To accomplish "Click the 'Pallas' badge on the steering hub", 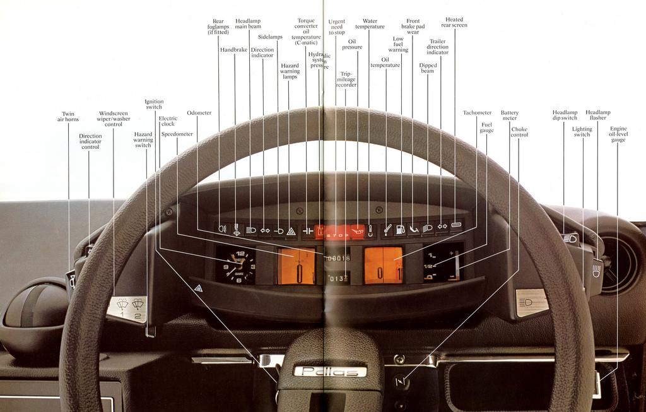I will [x=330, y=371].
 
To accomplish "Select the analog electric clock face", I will [x=237, y=265].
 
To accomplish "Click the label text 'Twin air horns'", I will [x=68, y=117].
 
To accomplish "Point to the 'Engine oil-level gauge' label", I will [x=618, y=134].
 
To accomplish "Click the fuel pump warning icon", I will [x=400, y=230].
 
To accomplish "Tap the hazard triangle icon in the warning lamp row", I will [x=291, y=231].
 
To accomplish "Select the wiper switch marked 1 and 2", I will [x=128, y=309].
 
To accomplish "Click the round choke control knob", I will [x=400, y=380].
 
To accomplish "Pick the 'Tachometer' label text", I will [x=477, y=113].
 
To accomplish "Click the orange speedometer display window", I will [x=297, y=266].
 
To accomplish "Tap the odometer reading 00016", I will [x=338, y=258].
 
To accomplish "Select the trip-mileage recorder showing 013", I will [x=338, y=278].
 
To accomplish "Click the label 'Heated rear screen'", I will [x=454, y=22].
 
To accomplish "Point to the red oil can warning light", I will [x=358, y=232].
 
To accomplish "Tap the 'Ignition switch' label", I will [x=154, y=104].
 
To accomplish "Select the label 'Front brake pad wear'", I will [x=413, y=26].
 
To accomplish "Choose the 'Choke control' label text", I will [x=519, y=132].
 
